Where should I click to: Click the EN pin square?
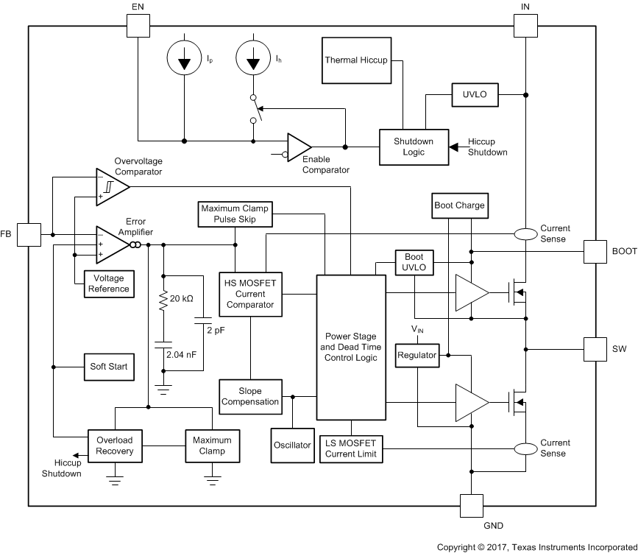[x=138, y=26]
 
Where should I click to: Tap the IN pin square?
[x=525, y=26]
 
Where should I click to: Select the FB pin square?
[x=29, y=235]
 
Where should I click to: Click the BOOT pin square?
[x=596, y=252]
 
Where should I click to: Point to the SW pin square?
[x=596, y=349]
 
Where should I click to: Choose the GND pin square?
[x=472, y=506]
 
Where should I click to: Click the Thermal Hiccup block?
[x=357, y=59]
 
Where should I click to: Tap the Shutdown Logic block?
[x=413, y=147]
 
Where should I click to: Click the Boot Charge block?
[x=460, y=205]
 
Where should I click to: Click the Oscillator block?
[x=292, y=445]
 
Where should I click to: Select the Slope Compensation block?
[x=250, y=395]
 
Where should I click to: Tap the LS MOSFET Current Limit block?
[x=351, y=448]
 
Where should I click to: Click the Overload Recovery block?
[x=115, y=445]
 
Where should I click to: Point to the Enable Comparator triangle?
[x=298, y=147]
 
